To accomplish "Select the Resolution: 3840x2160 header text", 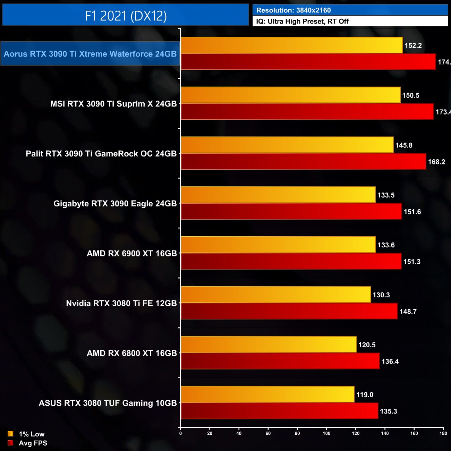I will tap(293, 10).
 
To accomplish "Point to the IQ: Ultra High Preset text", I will tap(302, 22).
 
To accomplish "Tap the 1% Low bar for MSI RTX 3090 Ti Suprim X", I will tap(290, 95).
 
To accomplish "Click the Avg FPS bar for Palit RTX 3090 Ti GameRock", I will tap(303, 162).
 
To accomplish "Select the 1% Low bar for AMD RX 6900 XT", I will tap(278, 245).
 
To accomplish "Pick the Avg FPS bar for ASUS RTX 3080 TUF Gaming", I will tap(279, 411).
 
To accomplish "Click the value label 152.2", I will tap(413, 45).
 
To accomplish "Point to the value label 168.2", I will tap(436, 162).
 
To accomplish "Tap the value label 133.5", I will tap(386, 195).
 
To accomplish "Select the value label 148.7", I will tap(408, 312).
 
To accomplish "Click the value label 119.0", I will tap(365, 395).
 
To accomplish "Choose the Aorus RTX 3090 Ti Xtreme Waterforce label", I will tap(90, 54).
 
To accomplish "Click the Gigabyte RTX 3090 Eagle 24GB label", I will tap(115, 204).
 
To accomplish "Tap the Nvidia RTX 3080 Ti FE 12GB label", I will tap(121, 304).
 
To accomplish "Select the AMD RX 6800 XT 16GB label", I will tap(132, 353).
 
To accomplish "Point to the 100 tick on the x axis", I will tap(326, 433).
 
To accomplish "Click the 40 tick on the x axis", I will tap(239, 433).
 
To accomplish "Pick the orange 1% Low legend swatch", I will tap(10, 434).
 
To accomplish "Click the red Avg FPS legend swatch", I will tap(10, 443).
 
